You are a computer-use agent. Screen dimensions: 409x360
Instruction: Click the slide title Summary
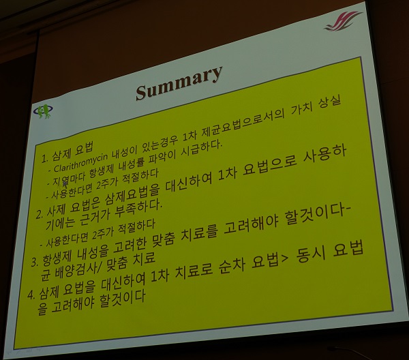[179, 82]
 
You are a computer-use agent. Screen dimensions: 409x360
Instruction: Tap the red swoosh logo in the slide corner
[343, 21]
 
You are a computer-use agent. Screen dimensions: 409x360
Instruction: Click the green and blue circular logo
[43, 111]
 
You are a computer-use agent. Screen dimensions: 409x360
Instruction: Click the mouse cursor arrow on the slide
[65, 184]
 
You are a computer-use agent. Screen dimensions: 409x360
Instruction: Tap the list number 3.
[34, 262]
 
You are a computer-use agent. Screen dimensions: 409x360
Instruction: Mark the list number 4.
[31, 295]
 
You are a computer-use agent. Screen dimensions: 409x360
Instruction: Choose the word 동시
[310, 255]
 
